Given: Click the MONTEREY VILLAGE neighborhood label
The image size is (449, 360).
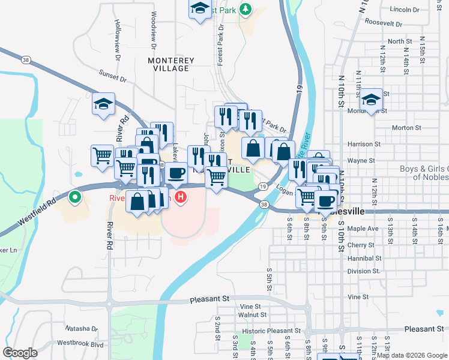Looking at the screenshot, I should (171, 64).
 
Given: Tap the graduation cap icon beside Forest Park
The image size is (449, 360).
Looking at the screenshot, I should (198, 9).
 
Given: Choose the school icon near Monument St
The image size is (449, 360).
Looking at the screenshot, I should (371, 99).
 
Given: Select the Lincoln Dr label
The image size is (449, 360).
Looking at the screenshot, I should (404, 10).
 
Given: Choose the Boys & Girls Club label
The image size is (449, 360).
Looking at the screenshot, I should (424, 173).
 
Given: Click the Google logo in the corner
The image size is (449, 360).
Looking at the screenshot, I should (20, 353).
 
